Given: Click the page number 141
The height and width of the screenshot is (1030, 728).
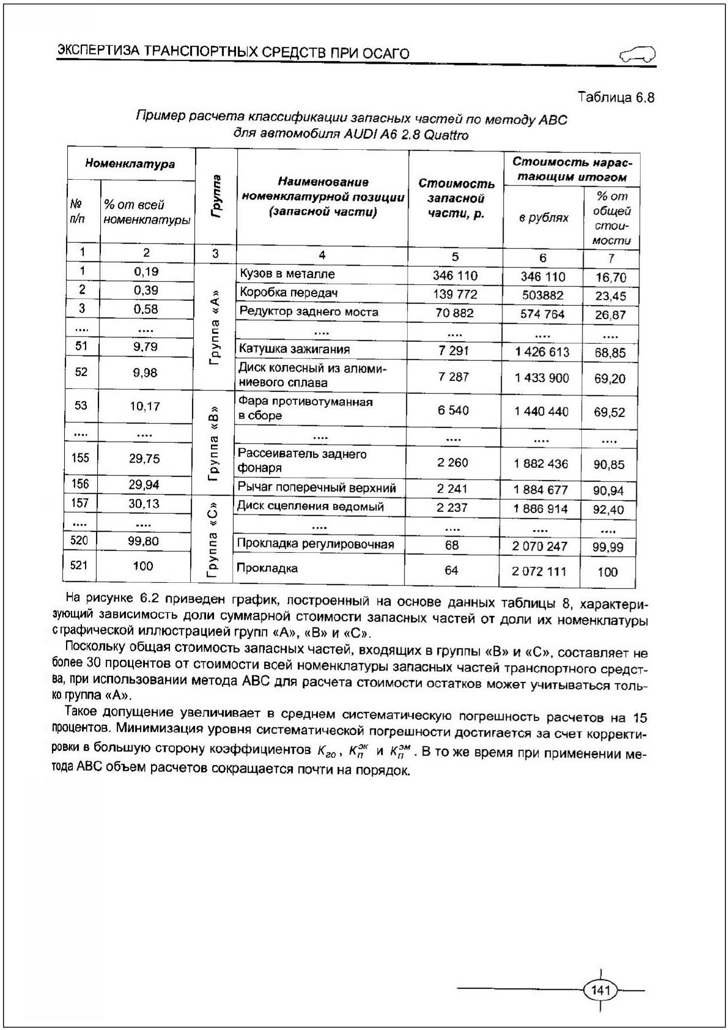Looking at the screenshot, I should coord(601,990).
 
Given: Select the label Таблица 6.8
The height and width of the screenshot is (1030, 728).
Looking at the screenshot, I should coord(616,97).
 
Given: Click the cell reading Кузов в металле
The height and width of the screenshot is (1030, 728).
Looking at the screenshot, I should coord(287,274).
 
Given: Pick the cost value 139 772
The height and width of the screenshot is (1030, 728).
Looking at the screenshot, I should coord(455,294).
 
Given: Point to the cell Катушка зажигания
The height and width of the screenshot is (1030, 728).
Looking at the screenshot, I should coord(294,349).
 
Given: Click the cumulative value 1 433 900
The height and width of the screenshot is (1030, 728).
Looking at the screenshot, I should coord(542,378).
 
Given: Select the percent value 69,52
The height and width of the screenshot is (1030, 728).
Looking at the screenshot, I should coord(609,412).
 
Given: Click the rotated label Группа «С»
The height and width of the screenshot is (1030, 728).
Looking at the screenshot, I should coord(213,539).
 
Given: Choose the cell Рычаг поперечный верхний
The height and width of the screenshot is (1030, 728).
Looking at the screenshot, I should coord(317,487).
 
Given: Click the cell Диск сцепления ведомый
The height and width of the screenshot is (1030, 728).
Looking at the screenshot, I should coord(311,506).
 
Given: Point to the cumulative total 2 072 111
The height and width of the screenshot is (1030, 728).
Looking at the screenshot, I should coord(539,571).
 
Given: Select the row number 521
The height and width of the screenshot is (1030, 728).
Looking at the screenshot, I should coord(79,566).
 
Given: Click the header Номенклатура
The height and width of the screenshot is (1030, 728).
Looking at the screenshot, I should coord(130,164).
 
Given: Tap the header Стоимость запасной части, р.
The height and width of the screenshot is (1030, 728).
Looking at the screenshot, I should coord(456,198).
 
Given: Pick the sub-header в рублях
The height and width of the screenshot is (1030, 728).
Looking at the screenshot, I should coord(543,218).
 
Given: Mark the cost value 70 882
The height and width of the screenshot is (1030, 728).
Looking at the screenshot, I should coord(455,313).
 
